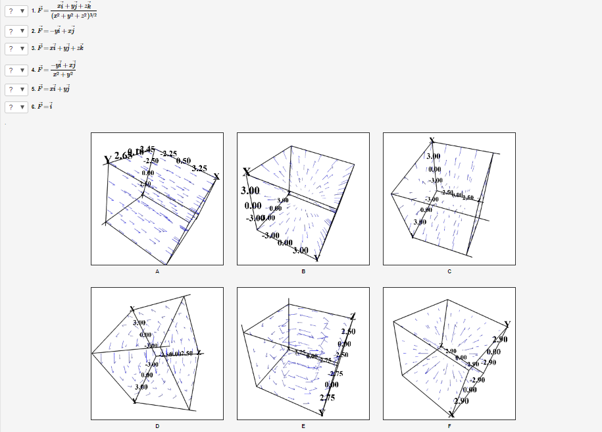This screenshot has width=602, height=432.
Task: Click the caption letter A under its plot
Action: (157, 271)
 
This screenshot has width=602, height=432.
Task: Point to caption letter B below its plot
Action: (303, 271)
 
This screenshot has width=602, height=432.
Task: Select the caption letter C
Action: (449, 271)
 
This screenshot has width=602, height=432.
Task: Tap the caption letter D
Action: (157, 426)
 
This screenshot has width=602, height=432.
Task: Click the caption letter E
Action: (303, 426)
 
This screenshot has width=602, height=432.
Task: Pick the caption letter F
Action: (449, 426)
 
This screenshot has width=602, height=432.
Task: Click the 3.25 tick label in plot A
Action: (199, 168)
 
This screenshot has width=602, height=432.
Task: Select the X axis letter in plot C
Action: (432, 140)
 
